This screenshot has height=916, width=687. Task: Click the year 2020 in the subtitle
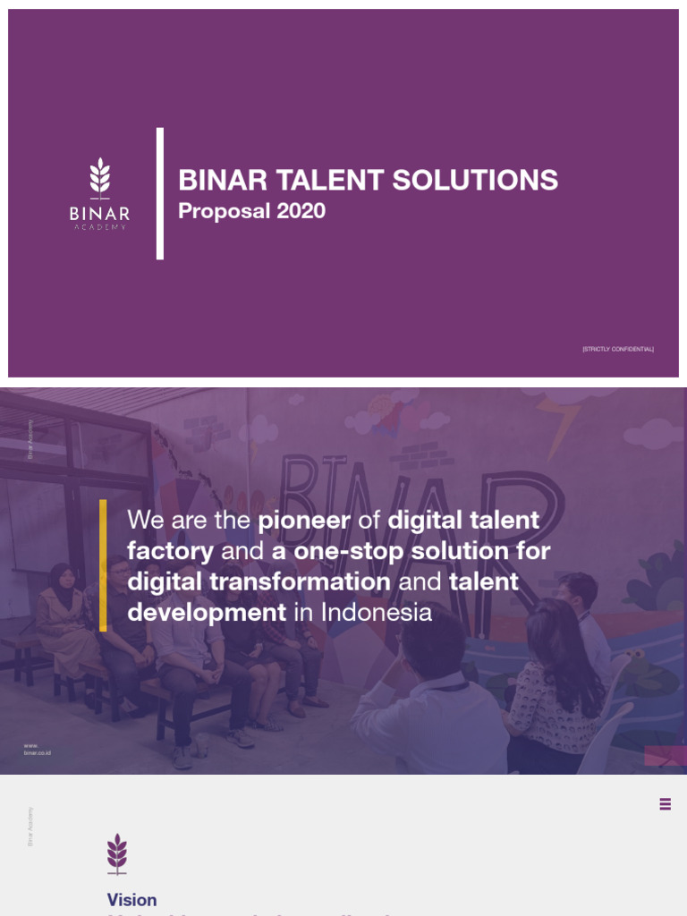(301, 211)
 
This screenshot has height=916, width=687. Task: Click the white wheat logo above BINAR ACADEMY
(99, 178)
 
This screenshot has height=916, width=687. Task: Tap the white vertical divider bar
(160, 193)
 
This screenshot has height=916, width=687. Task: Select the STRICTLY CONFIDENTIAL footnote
(617, 348)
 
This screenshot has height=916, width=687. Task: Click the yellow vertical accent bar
(104, 565)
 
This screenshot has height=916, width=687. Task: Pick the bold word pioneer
(304, 520)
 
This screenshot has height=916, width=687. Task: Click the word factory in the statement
(170, 551)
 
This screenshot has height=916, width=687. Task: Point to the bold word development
(207, 613)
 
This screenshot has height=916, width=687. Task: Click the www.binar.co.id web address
(38, 750)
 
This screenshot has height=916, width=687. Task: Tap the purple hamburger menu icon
(665, 804)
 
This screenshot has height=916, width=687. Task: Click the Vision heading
(131, 900)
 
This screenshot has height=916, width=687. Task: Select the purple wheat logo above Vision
(117, 852)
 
